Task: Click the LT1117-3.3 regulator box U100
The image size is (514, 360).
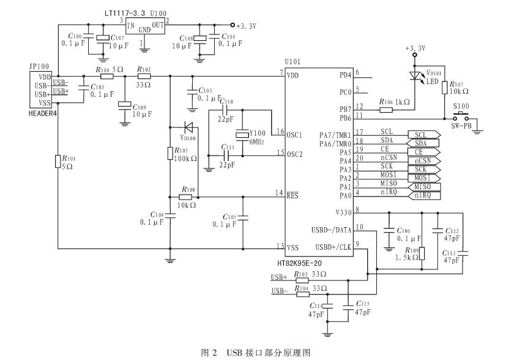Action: (x=145, y=26)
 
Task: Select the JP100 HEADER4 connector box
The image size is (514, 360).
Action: (x=40, y=90)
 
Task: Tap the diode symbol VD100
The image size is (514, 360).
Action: (x=189, y=127)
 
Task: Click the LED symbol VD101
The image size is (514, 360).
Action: (x=415, y=76)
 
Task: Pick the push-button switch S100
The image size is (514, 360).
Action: (x=461, y=117)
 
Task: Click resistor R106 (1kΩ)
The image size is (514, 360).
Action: (x=386, y=110)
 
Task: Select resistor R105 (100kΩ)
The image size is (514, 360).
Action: (x=170, y=153)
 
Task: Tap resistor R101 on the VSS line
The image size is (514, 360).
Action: (x=58, y=161)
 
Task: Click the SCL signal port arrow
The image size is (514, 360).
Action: (x=424, y=135)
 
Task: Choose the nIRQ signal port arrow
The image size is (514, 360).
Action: (x=424, y=195)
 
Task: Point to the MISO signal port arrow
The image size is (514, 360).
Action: (x=424, y=187)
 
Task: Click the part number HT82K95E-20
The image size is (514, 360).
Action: (x=299, y=263)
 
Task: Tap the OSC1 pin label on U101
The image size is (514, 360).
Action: (x=294, y=135)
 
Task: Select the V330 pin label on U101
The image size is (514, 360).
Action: (x=343, y=212)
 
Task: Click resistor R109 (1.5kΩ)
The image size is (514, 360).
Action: (x=422, y=253)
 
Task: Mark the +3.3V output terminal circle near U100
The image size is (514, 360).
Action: (x=233, y=25)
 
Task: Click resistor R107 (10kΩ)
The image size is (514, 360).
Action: (x=444, y=88)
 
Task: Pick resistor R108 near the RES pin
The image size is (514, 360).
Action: (x=185, y=197)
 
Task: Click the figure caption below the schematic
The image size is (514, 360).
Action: (x=256, y=353)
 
